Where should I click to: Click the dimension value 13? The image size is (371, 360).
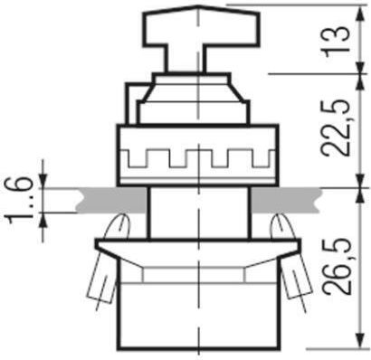point(338,42)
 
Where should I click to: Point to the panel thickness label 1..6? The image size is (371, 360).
point(19,200)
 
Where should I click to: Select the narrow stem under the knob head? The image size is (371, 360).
point(185,60)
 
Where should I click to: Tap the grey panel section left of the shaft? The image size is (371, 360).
point(111,200)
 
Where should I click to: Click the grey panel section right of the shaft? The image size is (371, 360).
point(285,200)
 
